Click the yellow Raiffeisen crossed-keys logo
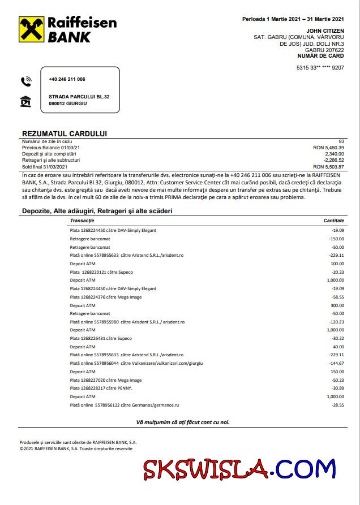32,30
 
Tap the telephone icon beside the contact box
26,81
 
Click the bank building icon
26,102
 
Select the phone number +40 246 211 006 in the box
67,79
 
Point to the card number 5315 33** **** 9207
320,68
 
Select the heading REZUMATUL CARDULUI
64,133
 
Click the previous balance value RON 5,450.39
328,147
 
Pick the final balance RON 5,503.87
328,166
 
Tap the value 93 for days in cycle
341,141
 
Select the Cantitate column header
333,220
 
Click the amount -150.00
337,239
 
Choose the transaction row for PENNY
95,389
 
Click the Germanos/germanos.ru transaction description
125,405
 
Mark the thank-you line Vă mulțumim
183,422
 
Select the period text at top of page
293,19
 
